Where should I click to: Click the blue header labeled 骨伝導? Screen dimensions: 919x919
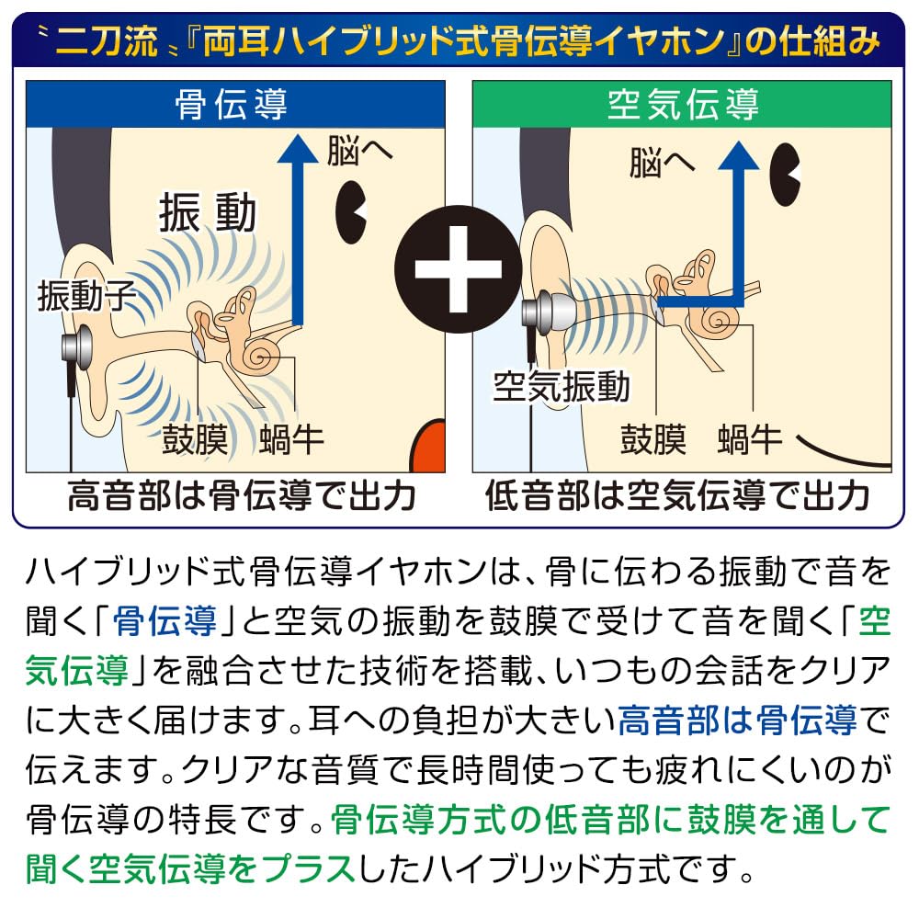click(x=235, y=105)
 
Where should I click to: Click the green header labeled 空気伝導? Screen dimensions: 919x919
click(x=682, y=105)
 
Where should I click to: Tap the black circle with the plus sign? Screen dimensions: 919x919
click(x=459, y=269)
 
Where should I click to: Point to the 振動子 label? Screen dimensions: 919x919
click(x=86, y=295)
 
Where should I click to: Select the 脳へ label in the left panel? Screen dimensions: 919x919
click(x=359, y=151)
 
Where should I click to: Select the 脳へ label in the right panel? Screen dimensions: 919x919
click(x=662, y=163)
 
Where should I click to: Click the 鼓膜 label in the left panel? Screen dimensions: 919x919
click(x=195, y=439)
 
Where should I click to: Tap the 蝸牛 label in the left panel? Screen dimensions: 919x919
click(x=291, y=439)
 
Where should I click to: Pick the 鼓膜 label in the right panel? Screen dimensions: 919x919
click(x=653, y=439)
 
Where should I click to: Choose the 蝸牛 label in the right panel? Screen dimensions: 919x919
click(x=750, y=439)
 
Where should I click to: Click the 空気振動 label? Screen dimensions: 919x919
click(x=561, y=387)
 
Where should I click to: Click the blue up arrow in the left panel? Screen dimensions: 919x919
click(x=298, y=230)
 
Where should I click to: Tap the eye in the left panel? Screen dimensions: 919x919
click(x=350, y=212)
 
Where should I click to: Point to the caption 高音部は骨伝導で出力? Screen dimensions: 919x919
click(x=242, y=495)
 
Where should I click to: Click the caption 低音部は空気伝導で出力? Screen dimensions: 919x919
click(x=677, y=495)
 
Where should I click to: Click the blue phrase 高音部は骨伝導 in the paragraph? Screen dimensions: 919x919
click(x=737, y=720)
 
